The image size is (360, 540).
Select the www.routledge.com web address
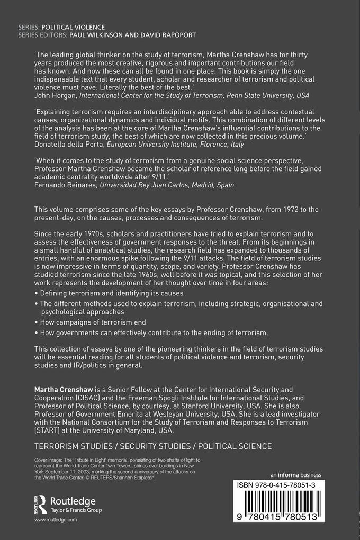(x=56, y=521)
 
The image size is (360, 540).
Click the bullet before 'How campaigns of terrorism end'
(x=36, y=322)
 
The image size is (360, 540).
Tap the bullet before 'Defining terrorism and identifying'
(x=36, y=293)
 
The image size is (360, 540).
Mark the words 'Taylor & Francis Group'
(x=74, y=510)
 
